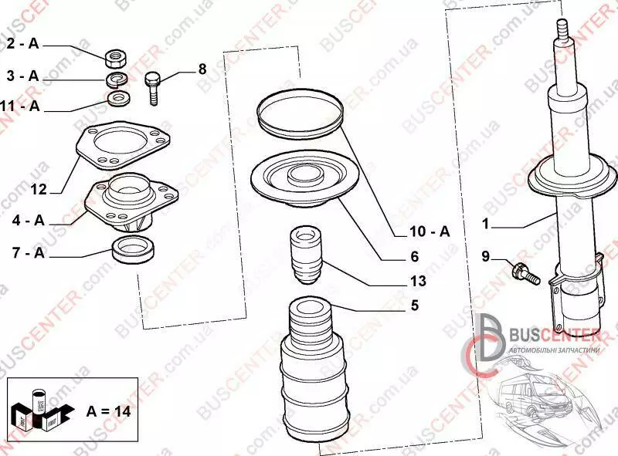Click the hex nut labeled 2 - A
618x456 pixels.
[x=115, y=59]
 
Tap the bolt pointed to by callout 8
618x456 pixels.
[x=153, y=88]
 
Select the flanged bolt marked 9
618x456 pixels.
[x=525, y=274]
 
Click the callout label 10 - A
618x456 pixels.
[x=430, y=231]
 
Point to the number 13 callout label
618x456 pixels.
[x=418, y=281]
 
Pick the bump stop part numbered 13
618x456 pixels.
[x=306, y=255]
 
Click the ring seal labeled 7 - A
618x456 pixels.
[x=134, y=250]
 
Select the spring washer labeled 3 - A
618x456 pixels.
[x=117, y=79]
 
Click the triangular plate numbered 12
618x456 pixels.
[x=123, y=145]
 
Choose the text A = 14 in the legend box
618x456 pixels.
[x=108, y=411]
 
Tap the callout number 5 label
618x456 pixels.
[x=415, y=306]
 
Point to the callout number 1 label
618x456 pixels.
[x=485, y=224]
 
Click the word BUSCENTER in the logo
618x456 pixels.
[x=555, y=336]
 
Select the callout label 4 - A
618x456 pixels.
[x=29, y=221]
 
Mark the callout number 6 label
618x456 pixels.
[x=415, y=257]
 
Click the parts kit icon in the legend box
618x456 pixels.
[x=42, y=410]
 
